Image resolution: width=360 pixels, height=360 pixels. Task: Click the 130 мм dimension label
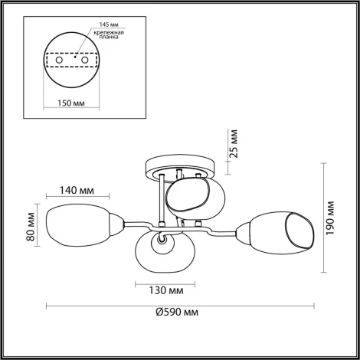pyautogui.click(x=165, y=291)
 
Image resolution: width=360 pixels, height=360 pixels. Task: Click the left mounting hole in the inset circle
pyautogui.click(x=59, y=57)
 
